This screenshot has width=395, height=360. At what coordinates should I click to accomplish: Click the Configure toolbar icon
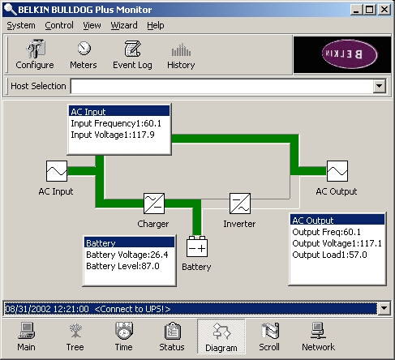36,49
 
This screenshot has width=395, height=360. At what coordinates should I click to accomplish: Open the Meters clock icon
84,49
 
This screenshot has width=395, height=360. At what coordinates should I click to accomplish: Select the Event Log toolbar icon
132,49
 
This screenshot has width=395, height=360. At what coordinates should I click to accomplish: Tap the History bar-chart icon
181,49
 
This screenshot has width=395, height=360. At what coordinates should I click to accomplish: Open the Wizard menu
124,25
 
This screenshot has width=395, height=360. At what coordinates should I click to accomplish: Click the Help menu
156,25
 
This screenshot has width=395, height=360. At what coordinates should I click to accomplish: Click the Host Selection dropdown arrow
380,86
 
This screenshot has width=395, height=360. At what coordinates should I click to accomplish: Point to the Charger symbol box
154,204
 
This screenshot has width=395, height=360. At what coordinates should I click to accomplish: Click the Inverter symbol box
240,204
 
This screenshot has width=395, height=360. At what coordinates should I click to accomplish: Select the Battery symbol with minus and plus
197,246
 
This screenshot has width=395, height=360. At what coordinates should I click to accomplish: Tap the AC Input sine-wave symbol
57,171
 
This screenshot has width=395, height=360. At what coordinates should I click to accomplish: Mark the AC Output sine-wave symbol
337,171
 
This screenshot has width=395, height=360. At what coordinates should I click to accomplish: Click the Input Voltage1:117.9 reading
113,135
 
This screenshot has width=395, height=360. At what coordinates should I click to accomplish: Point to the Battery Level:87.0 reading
122,266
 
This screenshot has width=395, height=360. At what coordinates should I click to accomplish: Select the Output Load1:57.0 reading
329,255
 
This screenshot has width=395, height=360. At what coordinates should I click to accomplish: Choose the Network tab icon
318,331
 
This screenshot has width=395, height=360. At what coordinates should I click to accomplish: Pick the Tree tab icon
75,331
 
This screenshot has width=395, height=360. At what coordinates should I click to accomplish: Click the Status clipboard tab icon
172,331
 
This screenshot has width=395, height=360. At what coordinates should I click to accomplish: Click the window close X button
384,10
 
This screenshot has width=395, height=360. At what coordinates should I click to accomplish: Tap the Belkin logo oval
350,54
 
